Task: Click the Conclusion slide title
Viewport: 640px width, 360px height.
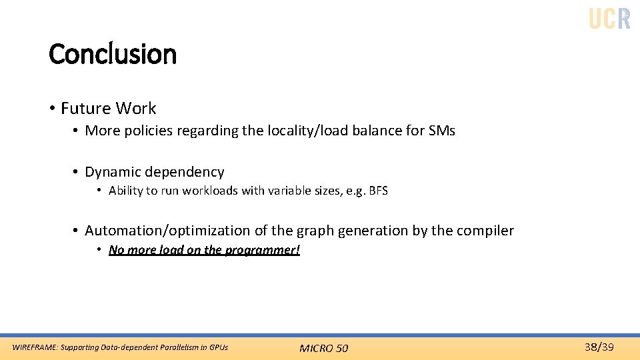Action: (x=113, y=54)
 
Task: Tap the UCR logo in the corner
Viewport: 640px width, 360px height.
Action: (x=609, y=18)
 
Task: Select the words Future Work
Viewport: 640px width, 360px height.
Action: (x=108, y=108)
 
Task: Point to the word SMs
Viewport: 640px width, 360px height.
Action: (x=441, y=131)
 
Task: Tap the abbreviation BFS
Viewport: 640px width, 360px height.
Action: (x=377, y=191)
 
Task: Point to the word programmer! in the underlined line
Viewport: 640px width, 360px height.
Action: (x=264, y=250)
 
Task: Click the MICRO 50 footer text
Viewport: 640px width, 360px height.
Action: (x=323, y=348)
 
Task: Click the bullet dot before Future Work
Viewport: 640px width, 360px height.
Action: (x=51, y=109)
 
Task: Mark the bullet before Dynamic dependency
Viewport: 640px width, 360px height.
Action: (x=76, y=172)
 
